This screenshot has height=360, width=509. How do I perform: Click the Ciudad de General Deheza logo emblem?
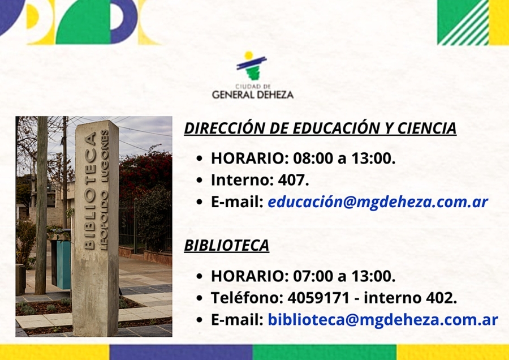(252, 66)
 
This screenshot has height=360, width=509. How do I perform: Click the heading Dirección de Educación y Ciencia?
(320, 128)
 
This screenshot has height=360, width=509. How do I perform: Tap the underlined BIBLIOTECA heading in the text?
(227, 245)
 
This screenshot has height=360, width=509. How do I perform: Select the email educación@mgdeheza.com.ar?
(378, 202)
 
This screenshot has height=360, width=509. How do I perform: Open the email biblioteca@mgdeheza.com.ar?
(383, 320)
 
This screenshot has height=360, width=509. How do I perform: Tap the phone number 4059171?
(318, 298)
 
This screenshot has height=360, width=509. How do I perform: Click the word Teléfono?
(246, 298)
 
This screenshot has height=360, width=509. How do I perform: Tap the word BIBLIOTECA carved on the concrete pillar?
(90, 190)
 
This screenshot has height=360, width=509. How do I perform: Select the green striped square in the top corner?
(463, 22)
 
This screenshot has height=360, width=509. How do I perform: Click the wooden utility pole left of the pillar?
(41, 205)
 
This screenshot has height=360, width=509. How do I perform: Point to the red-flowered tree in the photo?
(146, 172)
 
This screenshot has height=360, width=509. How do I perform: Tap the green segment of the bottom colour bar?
(324, 352)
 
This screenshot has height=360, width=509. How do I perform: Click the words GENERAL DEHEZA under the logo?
(253, 95)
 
